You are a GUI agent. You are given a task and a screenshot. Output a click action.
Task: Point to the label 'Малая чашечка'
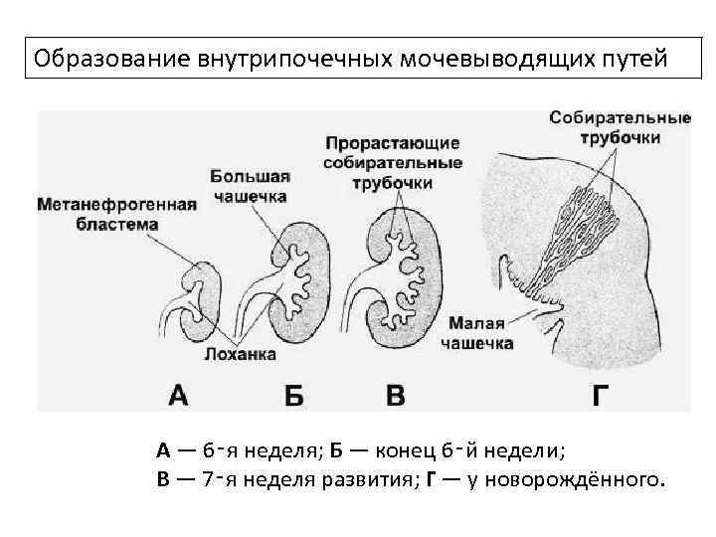point(480,333)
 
